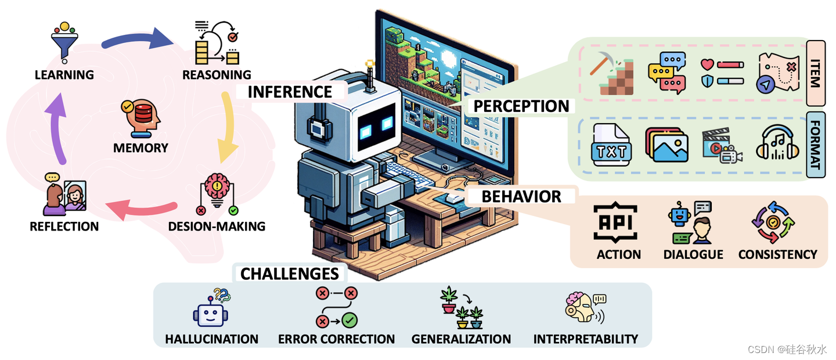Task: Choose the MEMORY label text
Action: tap(140, 147)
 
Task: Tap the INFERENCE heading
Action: tap(290, 92)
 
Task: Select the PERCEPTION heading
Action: tap(521, 106)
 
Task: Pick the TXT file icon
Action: tap(611, 145)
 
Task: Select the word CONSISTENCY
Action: tap(777, 254)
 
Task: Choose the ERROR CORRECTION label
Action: tap(336, 339)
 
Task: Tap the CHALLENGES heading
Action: tap(289, 273)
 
